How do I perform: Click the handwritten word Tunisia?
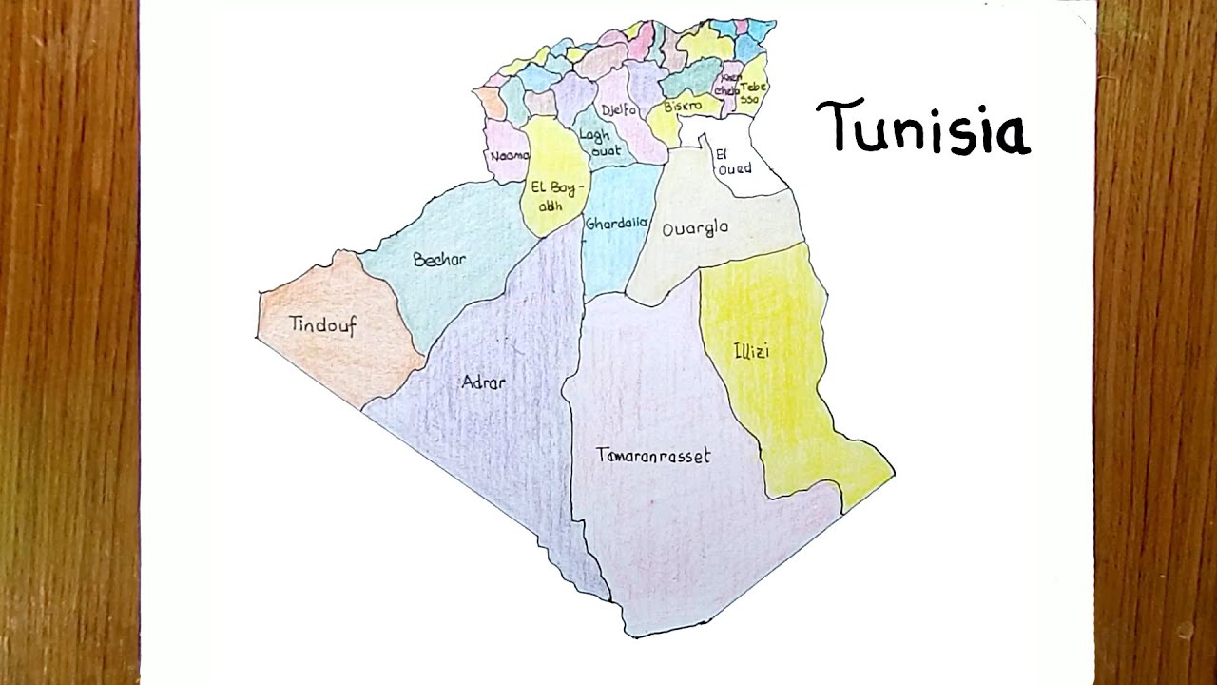tap(922, 128)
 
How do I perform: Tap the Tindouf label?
tap(323, 325)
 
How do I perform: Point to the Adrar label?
tap(483, 383)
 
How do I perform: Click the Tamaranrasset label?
tap(653, 456)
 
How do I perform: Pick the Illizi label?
tap(751, 352)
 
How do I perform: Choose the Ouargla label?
tap(695, 228)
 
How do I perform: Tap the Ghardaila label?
tap(616, 225)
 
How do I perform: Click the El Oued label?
tap(734, 161)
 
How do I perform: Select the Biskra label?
tap(683, 106)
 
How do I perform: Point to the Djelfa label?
tap(619, 110)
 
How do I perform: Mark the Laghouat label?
tap(599, 143)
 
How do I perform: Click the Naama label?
tap(510, 155)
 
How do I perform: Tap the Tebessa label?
tap(751, 92)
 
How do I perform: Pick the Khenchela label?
tap(730, 85)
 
